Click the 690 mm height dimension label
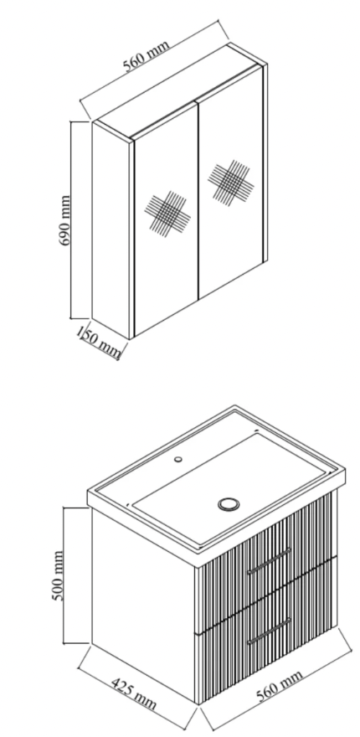[x=64, y=220]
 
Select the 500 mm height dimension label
[x=57, y=575]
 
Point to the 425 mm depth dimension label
[x=133, y=693]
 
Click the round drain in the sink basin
[x=229, y=504]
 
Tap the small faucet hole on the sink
[x=178, y=459]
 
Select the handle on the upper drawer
[x=269, y=561]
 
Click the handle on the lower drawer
[x=269, y=631]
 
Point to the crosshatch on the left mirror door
[x=167, y=214]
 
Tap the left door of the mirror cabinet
[x=167, y=219]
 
